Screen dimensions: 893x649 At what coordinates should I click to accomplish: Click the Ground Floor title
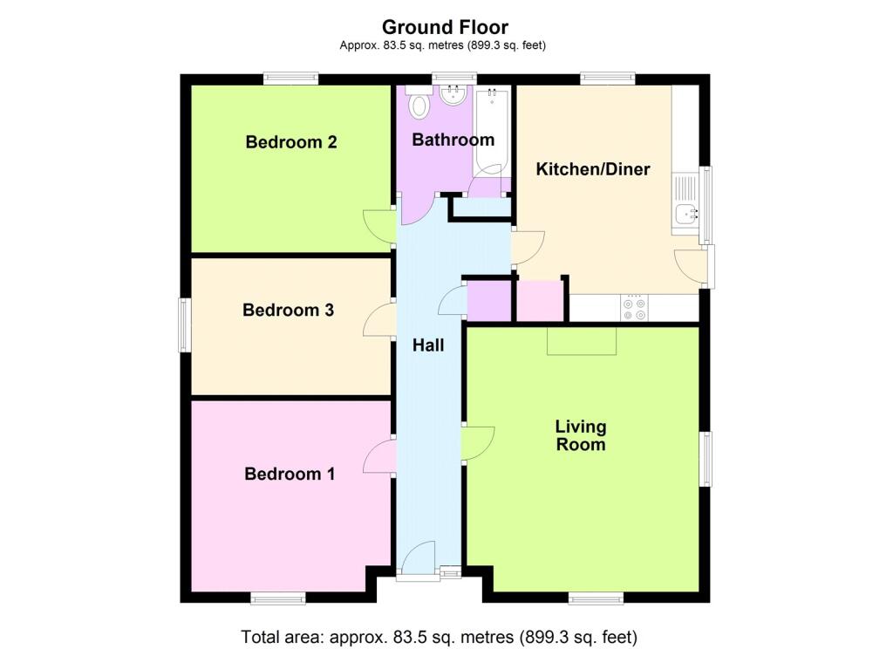coord(445,27)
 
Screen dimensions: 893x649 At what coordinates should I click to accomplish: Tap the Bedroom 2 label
coord(291,142)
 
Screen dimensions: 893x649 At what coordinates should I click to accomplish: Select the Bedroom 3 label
coord(288,310)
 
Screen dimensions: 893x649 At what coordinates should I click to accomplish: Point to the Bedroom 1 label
coord(290,474)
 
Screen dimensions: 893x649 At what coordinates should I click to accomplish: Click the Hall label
coord(428,345)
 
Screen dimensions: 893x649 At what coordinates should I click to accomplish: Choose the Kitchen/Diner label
coord(593,169)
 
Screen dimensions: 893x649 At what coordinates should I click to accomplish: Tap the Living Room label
coord(580,435)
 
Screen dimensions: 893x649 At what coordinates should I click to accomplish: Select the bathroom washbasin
coord(453,94)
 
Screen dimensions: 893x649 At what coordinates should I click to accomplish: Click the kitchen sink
coord(685,204)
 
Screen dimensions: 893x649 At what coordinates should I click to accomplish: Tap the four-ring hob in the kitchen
coord(635,307)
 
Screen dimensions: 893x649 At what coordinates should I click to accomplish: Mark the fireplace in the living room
coord(582,341)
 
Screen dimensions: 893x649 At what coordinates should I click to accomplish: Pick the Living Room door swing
coord(478,443)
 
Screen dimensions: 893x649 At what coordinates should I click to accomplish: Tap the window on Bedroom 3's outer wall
coord(184,324)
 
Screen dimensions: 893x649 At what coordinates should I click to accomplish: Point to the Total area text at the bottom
coord(440,637)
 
